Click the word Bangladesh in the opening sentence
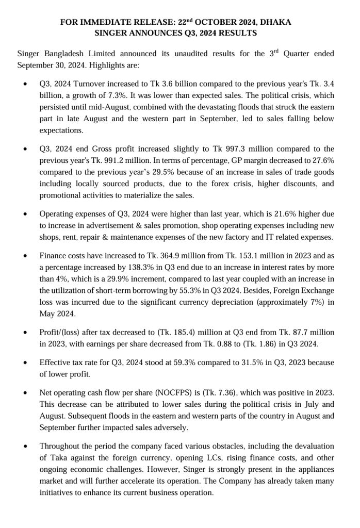tap(67, 54)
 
